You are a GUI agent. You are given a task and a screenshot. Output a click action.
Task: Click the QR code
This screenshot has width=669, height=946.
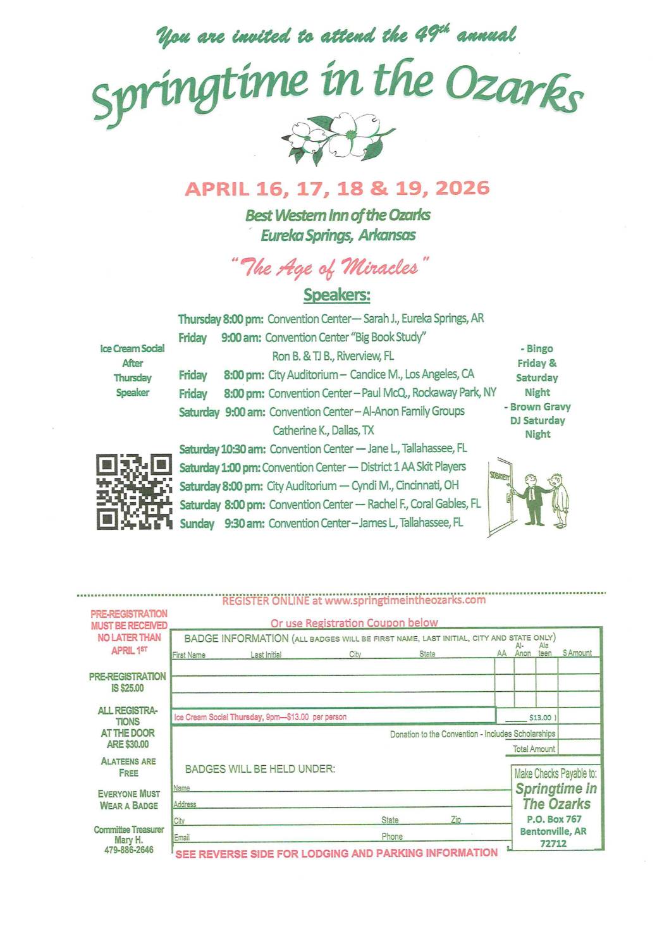click(x=134, y=491)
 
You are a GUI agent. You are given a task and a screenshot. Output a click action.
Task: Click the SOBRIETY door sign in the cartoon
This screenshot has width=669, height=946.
click(x=499, y=476)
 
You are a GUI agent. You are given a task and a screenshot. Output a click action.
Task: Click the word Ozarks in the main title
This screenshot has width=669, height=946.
click(x=513, y=90)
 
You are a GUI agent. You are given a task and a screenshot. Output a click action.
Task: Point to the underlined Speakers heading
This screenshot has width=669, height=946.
click(x=336, y=295)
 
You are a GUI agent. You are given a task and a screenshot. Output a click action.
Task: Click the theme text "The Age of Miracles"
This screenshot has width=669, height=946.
click(x=329, y=267)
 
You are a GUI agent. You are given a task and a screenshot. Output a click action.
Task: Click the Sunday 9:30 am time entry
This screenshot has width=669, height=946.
click(x=244, y=524)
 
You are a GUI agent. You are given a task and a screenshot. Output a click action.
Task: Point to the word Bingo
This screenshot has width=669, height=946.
click(x=539, y=348)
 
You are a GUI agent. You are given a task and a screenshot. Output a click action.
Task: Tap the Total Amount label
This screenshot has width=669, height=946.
click(x=534, y=749)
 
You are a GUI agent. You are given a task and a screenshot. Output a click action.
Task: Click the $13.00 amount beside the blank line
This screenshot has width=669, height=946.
click(x=540, y=718)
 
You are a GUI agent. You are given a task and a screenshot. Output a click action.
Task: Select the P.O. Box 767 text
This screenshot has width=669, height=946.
click(x=553, y=819)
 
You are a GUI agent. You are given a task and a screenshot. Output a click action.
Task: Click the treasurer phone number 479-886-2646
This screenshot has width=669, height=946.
click(x=129, y=850)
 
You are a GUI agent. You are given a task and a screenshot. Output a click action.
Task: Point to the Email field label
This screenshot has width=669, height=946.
click(x=181, y=837)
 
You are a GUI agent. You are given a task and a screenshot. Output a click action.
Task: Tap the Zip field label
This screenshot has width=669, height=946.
click(x=455, y=820)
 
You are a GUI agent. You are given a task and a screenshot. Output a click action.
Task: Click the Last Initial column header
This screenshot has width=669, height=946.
click(x=266, y=654)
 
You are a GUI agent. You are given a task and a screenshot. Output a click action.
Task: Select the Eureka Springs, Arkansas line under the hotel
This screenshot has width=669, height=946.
click(x=338, y=235)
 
